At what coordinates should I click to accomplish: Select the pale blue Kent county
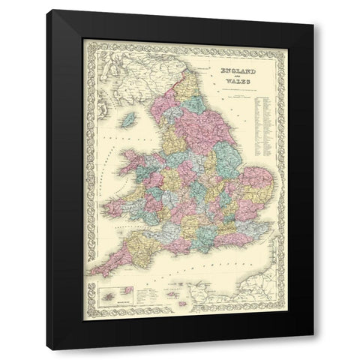point(262,225)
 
